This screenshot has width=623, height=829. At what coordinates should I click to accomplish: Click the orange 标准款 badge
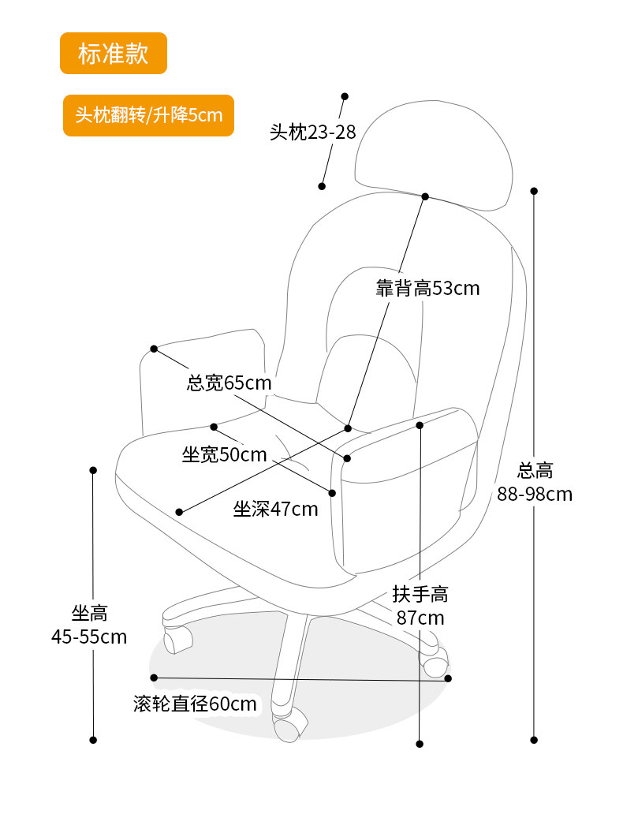pos(114,54)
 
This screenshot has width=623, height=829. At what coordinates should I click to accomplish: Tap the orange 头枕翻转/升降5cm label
pos(149,115)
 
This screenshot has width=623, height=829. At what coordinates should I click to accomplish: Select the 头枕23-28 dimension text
pos(313,133)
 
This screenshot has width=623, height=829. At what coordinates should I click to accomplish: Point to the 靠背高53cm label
pos(427,289)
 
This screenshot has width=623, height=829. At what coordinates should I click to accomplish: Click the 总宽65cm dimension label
pos(229,383)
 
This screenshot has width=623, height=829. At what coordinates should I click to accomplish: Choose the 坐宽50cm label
pos(225,454)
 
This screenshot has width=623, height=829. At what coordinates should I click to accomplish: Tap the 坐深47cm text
pos(275,510)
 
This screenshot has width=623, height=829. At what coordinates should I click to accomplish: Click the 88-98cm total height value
pos(535,495)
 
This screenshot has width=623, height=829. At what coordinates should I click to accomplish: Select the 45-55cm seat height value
pos(89,637)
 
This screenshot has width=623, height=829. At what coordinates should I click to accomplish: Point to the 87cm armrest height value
pos(420,618)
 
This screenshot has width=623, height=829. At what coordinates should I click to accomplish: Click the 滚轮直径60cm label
pos(196,704)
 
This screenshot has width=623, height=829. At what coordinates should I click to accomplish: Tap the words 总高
pos(535,472)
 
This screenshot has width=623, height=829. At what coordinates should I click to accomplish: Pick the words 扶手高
pos(420,595)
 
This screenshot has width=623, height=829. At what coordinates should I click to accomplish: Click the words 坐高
pos(89,613)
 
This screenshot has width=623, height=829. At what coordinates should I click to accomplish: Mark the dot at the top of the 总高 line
pos(534,191)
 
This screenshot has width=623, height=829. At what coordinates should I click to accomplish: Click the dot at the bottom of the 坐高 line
pos(93,740)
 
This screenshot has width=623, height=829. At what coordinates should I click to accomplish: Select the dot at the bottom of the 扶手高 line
pos(420,744)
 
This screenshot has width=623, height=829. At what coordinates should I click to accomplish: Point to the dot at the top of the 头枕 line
pos(345,96)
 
